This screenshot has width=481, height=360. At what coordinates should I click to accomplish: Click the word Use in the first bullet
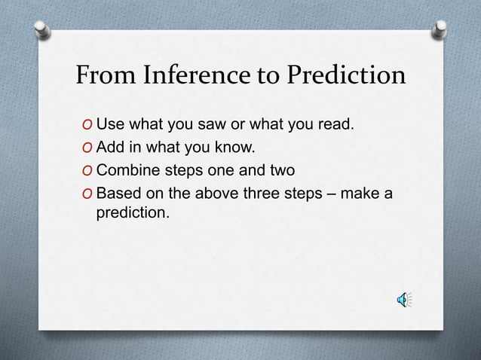coord(110,124)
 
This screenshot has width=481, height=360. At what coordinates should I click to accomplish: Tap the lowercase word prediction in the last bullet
coord(133,214)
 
